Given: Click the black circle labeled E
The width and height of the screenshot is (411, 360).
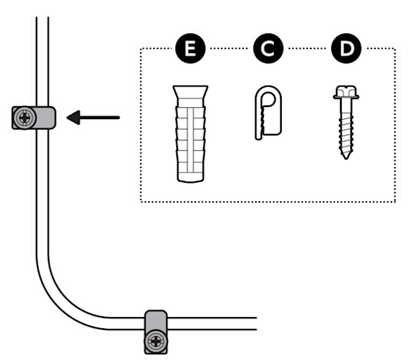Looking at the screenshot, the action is point(190,49).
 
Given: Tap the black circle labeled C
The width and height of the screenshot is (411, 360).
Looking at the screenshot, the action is point(268,49).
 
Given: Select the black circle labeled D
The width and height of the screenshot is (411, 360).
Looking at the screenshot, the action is point(346,49).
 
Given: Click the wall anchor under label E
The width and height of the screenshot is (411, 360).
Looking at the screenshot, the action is point(190,134).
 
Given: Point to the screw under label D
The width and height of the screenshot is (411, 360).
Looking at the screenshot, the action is point(346,123).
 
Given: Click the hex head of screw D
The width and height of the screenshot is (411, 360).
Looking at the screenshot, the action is point(346,92).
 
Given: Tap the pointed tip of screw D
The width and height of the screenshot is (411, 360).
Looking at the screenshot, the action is point(346,158).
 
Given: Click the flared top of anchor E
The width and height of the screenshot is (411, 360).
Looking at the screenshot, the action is point(190,92).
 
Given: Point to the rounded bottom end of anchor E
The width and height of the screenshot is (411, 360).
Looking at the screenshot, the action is point(190,180).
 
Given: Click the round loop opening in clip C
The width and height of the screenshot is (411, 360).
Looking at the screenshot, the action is point(268,99).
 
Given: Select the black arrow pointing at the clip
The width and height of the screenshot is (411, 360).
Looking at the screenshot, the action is point(93,117).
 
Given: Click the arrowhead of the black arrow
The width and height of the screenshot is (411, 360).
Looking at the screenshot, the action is point(73,117).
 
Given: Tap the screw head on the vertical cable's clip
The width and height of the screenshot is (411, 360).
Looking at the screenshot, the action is point(25,117).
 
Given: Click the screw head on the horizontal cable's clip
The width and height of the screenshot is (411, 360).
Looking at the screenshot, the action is point(156,341).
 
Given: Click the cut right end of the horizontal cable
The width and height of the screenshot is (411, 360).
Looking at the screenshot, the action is point(256,323).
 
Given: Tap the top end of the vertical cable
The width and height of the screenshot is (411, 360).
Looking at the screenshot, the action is point(42,18).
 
